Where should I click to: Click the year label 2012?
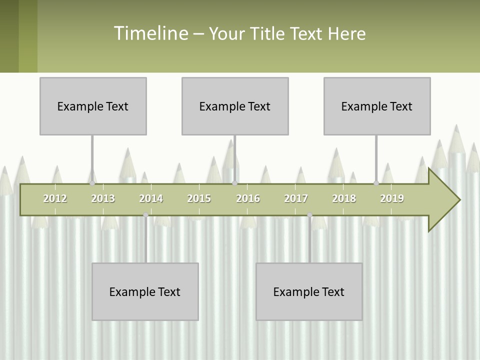(x=55, y=198)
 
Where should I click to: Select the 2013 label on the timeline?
(x=103, y=198)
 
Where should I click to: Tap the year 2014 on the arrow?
(x=151, y=198)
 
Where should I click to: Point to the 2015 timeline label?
(x=199, y=198)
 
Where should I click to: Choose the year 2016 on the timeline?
(x=248, y=198)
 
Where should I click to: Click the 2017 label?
(x=296, y=198)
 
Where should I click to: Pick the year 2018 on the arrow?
(x=344, y=198)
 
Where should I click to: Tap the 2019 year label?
(x=392, y=198)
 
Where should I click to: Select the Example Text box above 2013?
(x=93, y=106)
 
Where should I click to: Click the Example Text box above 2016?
(x=235, y=106)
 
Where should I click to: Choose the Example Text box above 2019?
(x=377, y=106)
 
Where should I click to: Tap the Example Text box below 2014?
(x=145, y=291)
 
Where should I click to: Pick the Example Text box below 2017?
(x=309, y=291)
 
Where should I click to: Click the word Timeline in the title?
(x=151, y=33)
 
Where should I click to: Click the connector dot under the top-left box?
(x=92, y=183)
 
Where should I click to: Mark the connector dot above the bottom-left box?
(x=145, y=215)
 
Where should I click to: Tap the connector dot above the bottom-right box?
(x=309, y=215)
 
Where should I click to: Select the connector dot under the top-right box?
(x=376, y=183)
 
